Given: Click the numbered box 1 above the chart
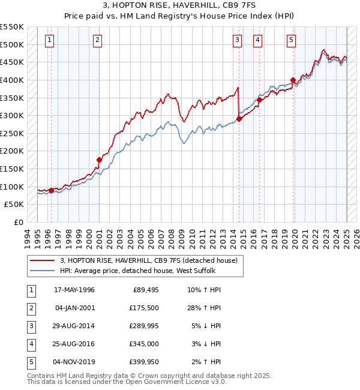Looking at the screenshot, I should [x=49, y=40].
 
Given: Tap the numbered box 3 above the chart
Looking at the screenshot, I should [x=238, y=40].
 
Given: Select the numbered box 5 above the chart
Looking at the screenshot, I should [x=291, y=40].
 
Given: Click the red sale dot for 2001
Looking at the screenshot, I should [x=100, y=160].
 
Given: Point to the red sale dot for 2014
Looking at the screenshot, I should [x=239, y=119].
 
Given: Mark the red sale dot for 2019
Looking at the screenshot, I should [x=293, y=80].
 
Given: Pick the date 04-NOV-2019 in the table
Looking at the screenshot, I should [x=74, y=362].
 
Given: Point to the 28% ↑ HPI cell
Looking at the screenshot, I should [x=204, y=308].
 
